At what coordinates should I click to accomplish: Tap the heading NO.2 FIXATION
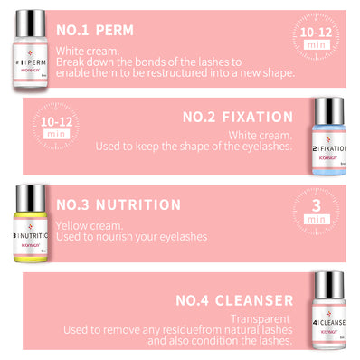tap(238, 117)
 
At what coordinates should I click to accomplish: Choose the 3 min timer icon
tap(316, 215)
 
